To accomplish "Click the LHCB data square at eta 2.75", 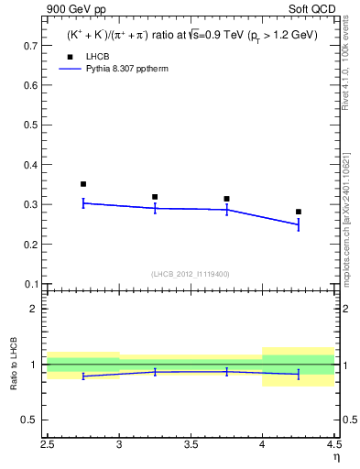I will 83,184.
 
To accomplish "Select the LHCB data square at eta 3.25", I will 155,197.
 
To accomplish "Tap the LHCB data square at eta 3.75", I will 226,199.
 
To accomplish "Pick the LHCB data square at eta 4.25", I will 299,212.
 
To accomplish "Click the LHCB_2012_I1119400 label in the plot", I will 191,274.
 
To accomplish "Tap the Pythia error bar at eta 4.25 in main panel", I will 299,224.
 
